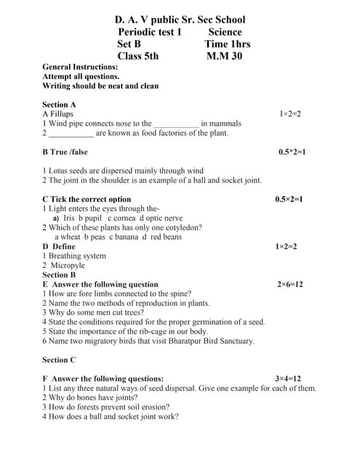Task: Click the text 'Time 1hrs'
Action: pos(227,44)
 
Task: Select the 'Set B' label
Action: pos(129,44)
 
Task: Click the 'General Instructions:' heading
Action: pos(80,67)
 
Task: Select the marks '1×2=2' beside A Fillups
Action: pos(289,114)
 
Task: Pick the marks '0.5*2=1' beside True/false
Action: pos(292,152)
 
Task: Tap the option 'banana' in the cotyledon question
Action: pos(124,237)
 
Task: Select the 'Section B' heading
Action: pos(59,275)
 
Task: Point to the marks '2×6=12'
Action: pos(289,284)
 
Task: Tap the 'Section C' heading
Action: pos(59,360)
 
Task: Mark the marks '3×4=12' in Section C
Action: pos(288,379)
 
